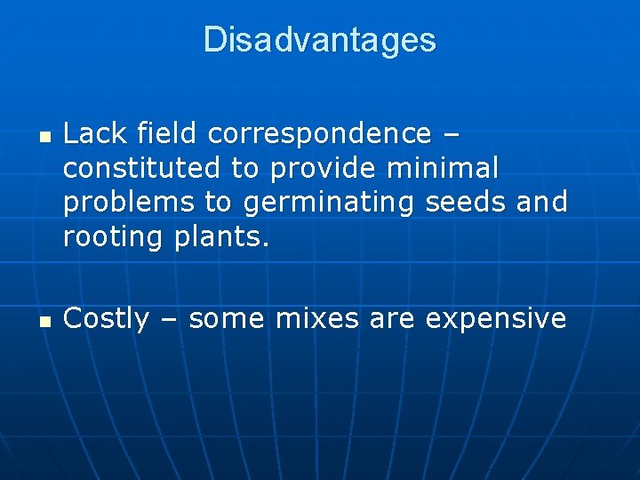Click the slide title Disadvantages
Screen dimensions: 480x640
320,40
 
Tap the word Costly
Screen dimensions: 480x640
107,318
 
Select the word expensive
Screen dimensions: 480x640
495,318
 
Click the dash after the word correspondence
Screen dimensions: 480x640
450,135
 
